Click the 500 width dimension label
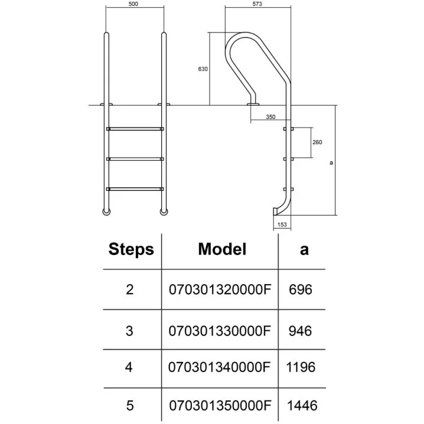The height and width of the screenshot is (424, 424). tap(135, 4)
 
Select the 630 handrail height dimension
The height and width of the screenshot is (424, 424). tap(203, 69)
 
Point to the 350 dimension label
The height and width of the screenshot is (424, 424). tap(270, 117)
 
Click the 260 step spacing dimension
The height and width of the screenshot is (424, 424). tap(318, 142)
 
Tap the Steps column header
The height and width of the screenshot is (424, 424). tap(131, 249)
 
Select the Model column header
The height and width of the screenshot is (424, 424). tap(221, 249)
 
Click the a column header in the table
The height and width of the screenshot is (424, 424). tap(304, 249)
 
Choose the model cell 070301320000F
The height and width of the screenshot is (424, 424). tap(220, 290)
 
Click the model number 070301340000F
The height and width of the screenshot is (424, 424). tap(220, 367)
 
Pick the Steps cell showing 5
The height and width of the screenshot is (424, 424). tap(130, 406)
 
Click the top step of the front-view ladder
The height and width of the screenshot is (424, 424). tap(135, 128)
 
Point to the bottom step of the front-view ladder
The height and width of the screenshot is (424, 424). tap(135, 189)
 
